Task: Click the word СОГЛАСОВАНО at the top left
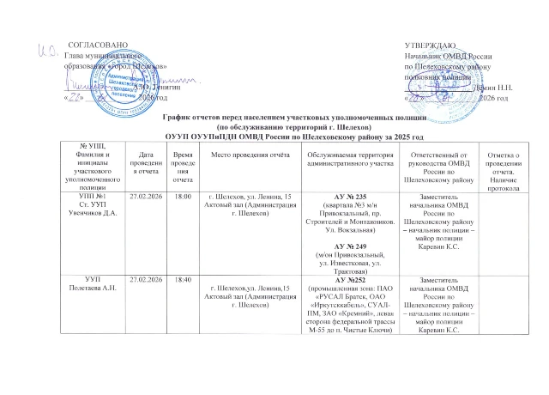[x=98, y=43]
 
